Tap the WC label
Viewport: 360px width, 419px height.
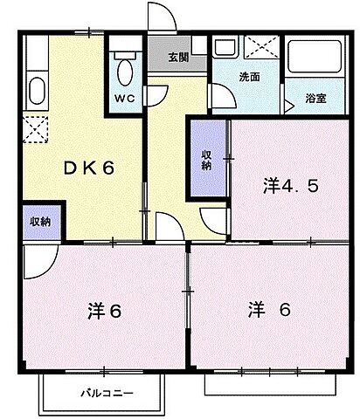point(123,99)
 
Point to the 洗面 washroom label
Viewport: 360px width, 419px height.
point(250,76)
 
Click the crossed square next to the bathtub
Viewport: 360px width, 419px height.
point(259,48)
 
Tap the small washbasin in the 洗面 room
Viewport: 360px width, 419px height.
point(225,49)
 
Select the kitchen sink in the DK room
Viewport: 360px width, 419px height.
point(37,91)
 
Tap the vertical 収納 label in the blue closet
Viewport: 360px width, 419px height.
point(207,160)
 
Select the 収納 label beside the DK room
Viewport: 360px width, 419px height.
point(39,222)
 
